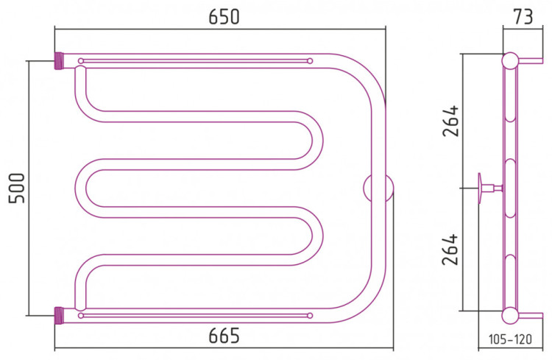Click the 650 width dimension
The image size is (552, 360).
pyautogui.click(x=224, y=16)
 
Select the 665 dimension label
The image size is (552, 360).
pyautogui.click(x=224, y=336)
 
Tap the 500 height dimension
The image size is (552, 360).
pyautogui.click(x=16, y=188)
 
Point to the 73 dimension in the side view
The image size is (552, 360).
pyautogui.click(x=523, y=16)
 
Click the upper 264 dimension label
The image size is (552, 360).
pyautogui.click(x=451, y=121)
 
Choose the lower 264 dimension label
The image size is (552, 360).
pyautogui.click(x=451, y=250)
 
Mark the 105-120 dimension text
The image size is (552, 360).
pyautogui.click(x=510, y=339)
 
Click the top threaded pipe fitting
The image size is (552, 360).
pyautogui.click(x=59, y=61)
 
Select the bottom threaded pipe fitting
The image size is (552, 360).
pyautogui.click(x=59, y=316)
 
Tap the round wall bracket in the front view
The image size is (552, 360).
pyautogui.click(x=378, y=188)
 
